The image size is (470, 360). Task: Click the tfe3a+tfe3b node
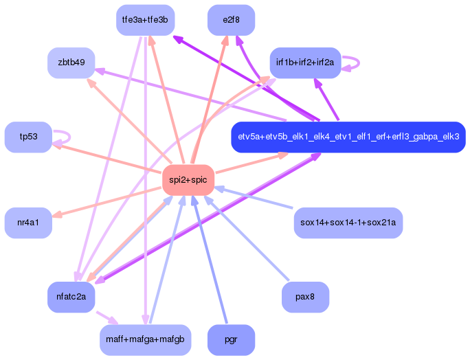pyautogui.click(x=144, y=20)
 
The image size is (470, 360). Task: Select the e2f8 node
pyautogui.click(x=231, y=20)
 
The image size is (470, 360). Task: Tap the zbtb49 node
pyautogui.click(x=71, y=63)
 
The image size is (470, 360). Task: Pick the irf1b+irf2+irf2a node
pyautogui.click(x=305, y=63)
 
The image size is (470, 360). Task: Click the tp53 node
pyautogui.click(x=28, y=137)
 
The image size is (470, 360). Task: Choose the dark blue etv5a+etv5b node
pyautogui.click(x=348, y=137)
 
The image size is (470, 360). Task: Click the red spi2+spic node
pyautogui.click(x=188, y=180)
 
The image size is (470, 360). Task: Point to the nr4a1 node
pyautogui.click(x=28, y=223)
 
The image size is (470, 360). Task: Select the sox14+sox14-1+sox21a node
pyautogui.click(x=348, y=223)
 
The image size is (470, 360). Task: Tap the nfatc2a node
pyautogui.click(x=71, y=297)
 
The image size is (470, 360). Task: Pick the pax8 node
pyautogui.click(x=305, y=297)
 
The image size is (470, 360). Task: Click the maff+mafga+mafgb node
pyautogui.click(x=144, y=340)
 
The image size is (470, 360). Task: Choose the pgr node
pyautogui.click(x=231, y=340)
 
